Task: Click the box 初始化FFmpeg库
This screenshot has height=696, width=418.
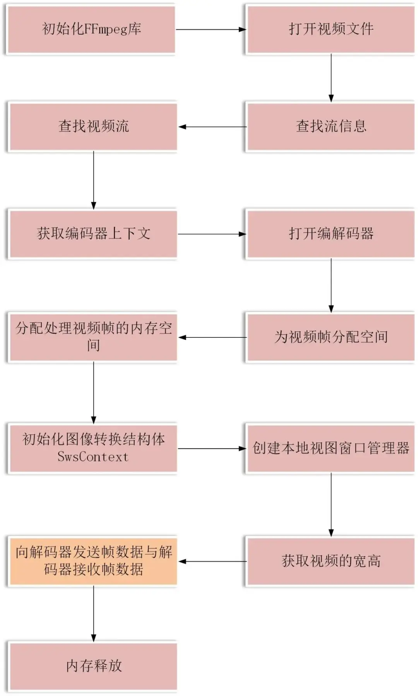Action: (x=92, y=29)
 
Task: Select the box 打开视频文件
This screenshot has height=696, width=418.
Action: (x=331, y=29)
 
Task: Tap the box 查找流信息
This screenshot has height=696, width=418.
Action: (x=331, y=126)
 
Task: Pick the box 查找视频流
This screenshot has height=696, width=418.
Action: (x=93, y=126)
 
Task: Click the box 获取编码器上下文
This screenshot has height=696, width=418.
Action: (x=93, y=234)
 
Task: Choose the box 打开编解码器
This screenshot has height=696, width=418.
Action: (x=331, y=234)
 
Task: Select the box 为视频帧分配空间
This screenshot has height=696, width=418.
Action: (x=331, y=337)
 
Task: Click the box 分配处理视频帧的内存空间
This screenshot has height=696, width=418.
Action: (x=93, y=337)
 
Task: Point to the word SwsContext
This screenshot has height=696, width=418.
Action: (x=93, y=457)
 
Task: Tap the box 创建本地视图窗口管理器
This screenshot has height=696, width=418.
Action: (x=331, y=448)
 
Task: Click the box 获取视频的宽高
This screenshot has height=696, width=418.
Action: (x=331, y=561)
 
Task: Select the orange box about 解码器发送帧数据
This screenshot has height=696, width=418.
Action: (x=93, y=561)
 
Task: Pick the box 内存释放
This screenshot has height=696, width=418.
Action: (x=93, y=666)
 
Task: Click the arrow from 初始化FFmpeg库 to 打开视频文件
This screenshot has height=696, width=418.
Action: (x=211, y=29)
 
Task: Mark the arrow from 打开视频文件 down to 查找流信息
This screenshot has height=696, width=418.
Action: (x=331, y=77)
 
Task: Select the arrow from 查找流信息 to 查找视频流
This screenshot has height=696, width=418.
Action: (x=212, y=127)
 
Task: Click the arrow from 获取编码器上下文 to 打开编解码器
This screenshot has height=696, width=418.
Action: (x=212, y=234)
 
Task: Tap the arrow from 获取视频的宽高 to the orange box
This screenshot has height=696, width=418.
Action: (x=212, y=561)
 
